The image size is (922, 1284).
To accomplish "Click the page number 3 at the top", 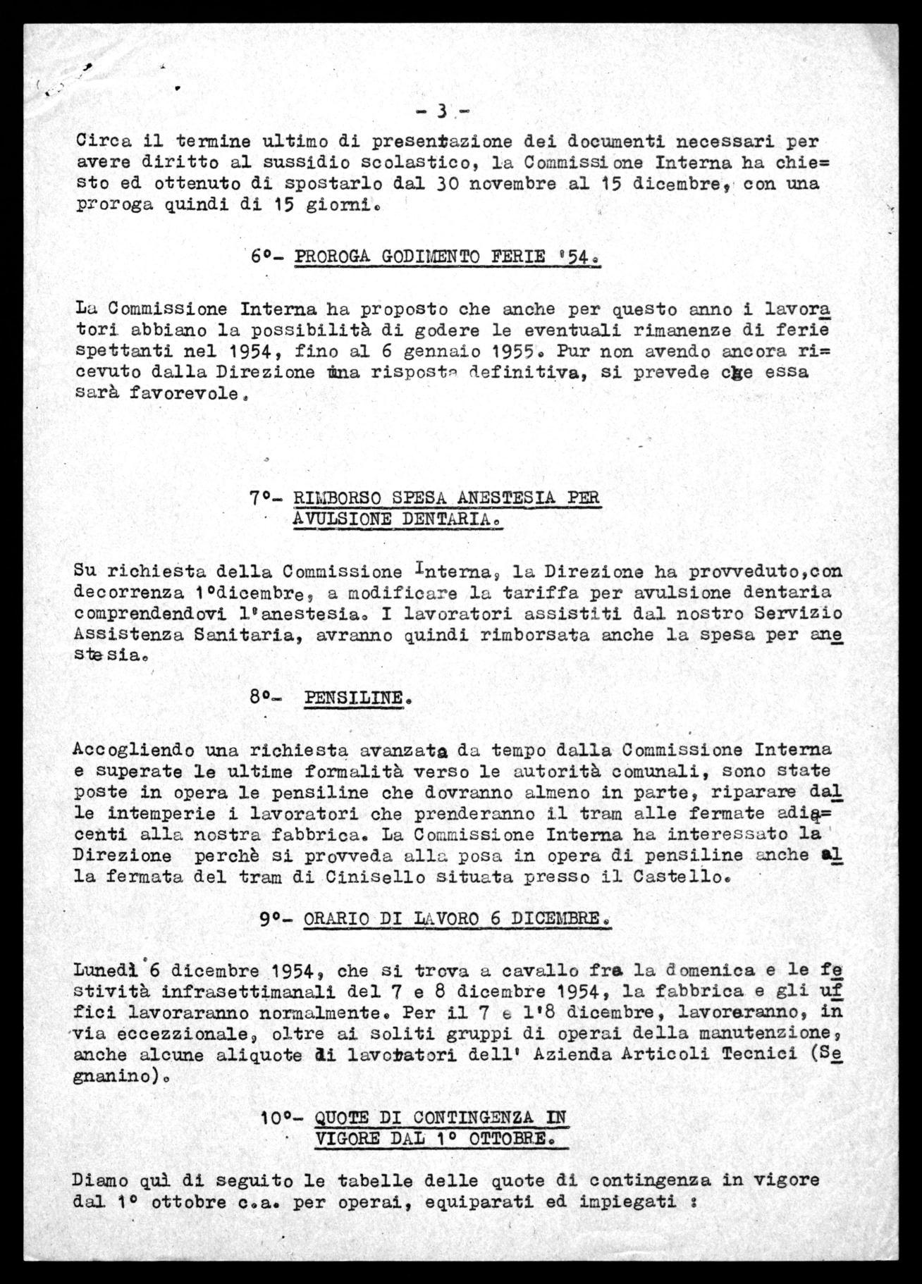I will pos(442,111).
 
